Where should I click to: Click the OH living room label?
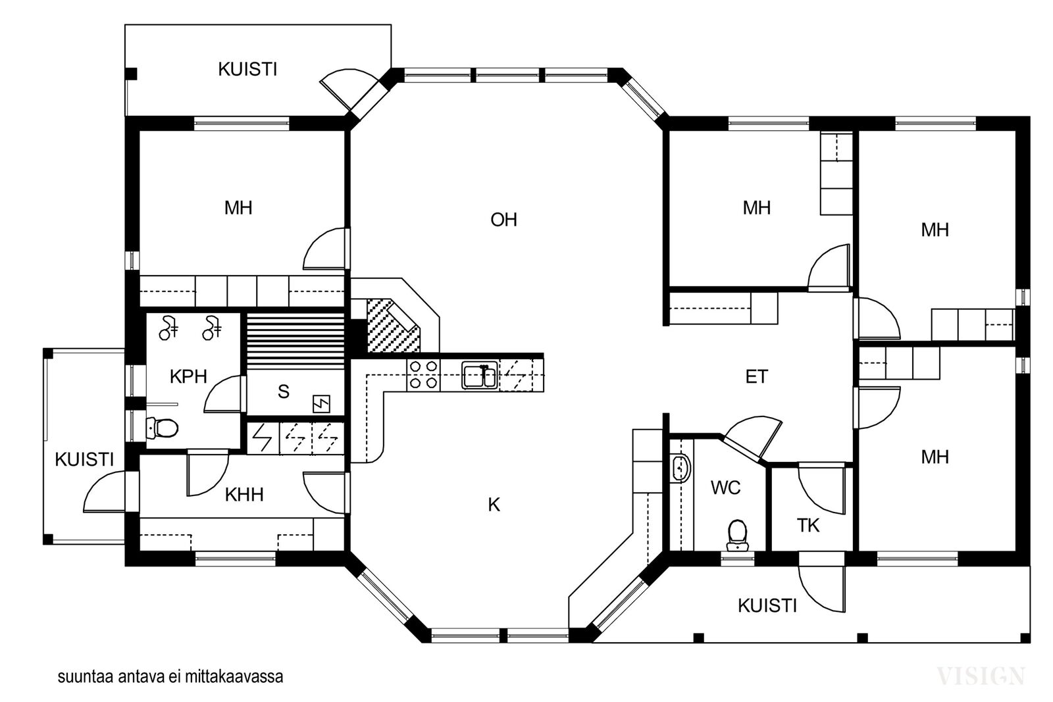pyautogui.click(x=503, y=220)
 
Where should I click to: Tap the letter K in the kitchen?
pyautogui.click(x=494, y=505)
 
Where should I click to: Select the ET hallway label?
pyautogui.click(x=756, y=376)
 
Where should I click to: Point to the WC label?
pyautogui.click(x=726, y=488)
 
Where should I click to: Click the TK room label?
pyautogui.click(x=808, y=525)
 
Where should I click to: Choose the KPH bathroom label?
pyautogui.click(x=188, y=376)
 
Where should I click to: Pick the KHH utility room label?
pyautogui.click(x=244, y=494)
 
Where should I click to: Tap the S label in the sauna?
pyautogui.click(x=283, y=391)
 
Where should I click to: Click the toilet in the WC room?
pyautogui.click(x=736, y=535)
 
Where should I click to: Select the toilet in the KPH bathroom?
pyautogui.click(x=162, y=428)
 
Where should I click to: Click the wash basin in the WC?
pyautogui.click(x=681, y=468)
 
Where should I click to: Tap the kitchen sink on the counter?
pyautogui.click(x=480, y=375)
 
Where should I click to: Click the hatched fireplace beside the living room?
pyautogui.click(x=393, y=325)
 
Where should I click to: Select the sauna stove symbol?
pyautogui.click(x=322, y=403)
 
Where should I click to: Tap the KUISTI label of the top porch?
pyautogui.click(x=247, y=70)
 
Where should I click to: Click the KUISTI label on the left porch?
pyautogui.click(x=85, y=459)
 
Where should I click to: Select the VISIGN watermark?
pyautogui.click(x=981, y=676)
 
